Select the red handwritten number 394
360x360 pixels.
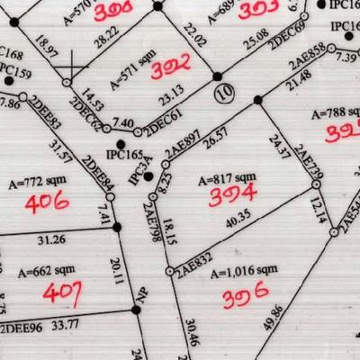(x=232, y=193)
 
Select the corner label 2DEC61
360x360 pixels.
(x=163, y=126)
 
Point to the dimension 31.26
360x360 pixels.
(x=50, y=239)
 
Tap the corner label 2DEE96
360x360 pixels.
(x=22, y=326)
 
